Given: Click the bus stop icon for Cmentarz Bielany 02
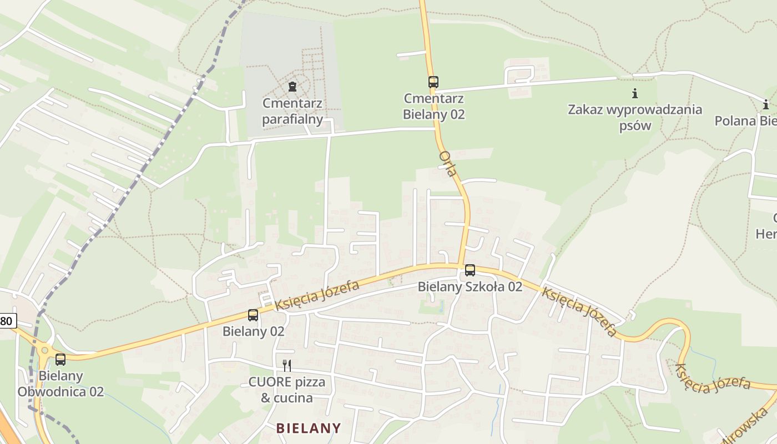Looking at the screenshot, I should click(x=433, y=82).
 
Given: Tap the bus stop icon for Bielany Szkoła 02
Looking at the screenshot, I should click(x=470, y=270).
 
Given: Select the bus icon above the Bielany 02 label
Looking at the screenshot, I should click(x=253, y=315).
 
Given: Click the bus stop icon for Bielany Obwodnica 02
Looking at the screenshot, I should click(x=60, y=360).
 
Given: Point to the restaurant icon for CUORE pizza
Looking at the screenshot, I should click(x=287, y=365).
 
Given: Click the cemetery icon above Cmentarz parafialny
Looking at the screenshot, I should click(x=292, y=86).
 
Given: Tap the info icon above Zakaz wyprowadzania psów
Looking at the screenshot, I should click(x=635, y=93).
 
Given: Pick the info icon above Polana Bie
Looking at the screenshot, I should click(x=766, y=104).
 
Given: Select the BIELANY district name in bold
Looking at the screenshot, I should click(x=309, y=428).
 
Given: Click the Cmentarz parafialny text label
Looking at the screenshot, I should click(x=292, y=111).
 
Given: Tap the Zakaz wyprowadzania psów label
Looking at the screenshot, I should click(x=635, y=117).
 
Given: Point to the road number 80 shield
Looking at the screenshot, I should click(x=7, y=320).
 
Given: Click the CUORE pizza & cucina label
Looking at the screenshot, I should click(x=287, y=390).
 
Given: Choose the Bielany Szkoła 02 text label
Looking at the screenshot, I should click(x=470, y=286).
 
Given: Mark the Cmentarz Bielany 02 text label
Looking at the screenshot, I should click(x=434, y=106).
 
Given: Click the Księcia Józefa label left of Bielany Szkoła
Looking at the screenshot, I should click(x=317, y=296).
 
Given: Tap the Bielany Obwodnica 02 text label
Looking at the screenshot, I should click(x=60, y=384).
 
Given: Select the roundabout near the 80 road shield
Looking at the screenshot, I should click(x=44, y=350).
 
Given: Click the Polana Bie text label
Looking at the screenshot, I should click(x=745, y=121).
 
